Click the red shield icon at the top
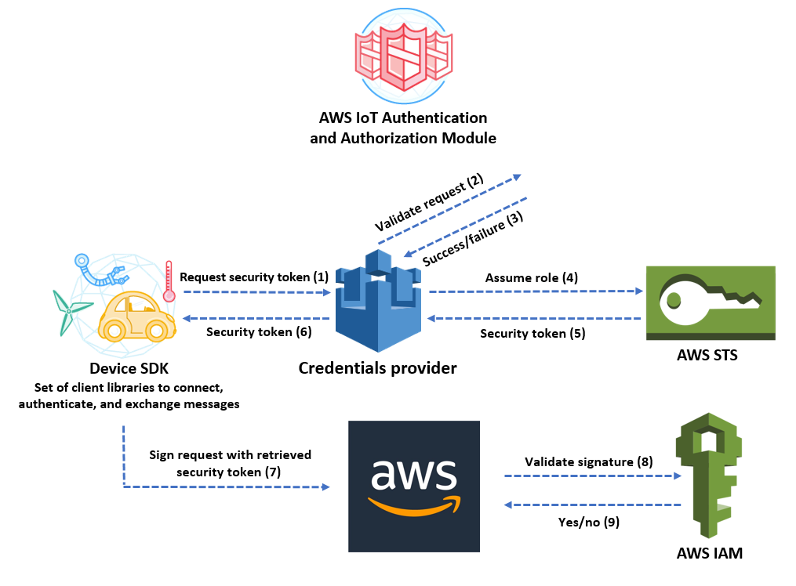coord(404,56)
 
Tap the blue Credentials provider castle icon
coord(378,301)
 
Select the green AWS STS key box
coord(711,302)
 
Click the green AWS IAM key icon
coord(709,475)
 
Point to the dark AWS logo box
coord(414,487)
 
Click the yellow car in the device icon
coord(136,317)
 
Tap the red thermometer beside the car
coord(169,281)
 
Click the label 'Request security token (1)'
coord(254,277)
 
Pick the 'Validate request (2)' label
coord(429,202)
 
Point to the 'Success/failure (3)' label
coord(473,238)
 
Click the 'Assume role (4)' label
coord(532,278)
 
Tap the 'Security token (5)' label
coord(532,334)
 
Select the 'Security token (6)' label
coord(259,332)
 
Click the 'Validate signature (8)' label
coord(589,461)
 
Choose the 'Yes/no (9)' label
coord(589,522)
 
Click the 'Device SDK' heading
coord(129,368)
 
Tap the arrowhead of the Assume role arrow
coord(640,291)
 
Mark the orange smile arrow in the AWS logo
coord(414,506)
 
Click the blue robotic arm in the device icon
coord(101,270)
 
